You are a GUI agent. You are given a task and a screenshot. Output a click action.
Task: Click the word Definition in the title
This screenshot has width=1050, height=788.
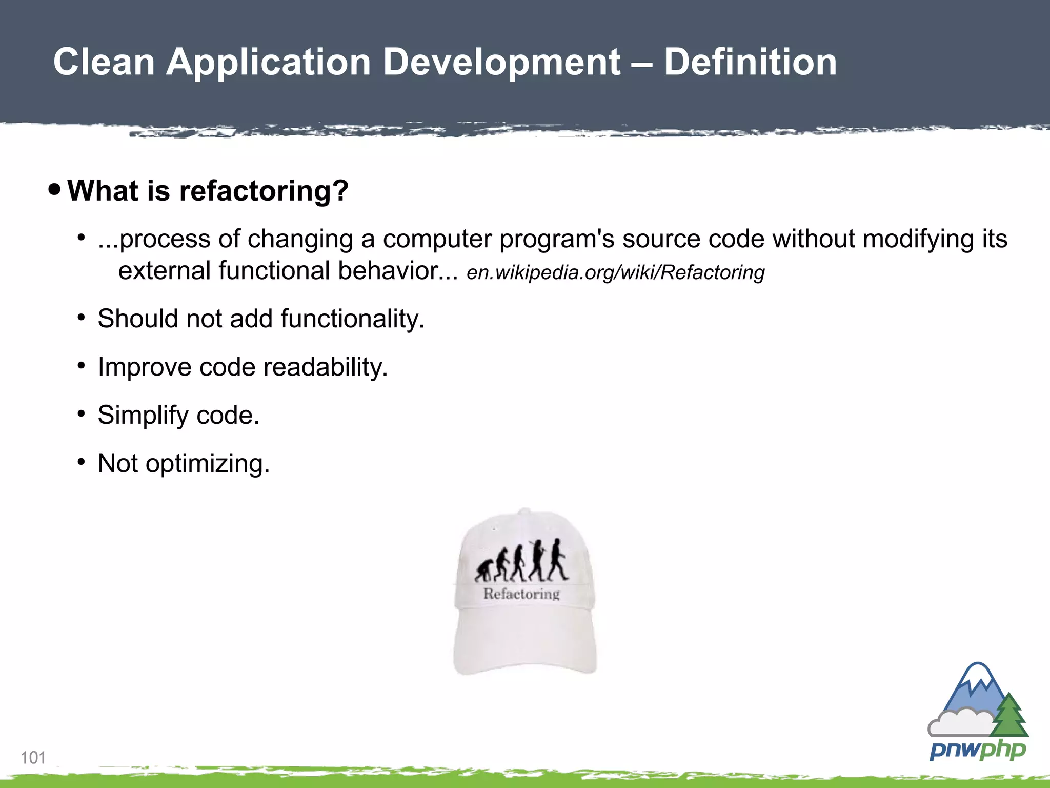[x=750, y=62]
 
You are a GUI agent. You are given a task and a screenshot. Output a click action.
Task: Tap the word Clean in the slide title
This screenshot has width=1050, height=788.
[x=104, y=62]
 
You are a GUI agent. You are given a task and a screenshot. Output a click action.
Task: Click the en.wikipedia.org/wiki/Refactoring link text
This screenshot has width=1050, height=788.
[x=615, y=272]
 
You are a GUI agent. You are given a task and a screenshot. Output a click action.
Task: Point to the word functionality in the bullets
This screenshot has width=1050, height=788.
[x=352, y=319]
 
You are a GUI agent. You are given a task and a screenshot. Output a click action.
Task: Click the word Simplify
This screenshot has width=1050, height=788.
[x=143, y=416]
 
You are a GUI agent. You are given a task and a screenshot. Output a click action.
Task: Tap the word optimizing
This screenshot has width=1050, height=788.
[x=207, y=464]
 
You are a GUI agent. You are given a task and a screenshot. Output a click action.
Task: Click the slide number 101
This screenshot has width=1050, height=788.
[x=33, y=758]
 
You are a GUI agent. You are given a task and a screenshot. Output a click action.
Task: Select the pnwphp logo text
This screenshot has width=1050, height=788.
[x=977, y=750]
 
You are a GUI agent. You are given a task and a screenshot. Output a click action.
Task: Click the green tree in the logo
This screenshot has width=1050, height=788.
[x=1009, y=716]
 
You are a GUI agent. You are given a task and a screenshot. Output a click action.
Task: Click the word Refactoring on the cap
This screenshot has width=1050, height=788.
[x=521, y=594]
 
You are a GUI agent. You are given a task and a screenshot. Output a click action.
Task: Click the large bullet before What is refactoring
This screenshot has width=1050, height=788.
[x=54, y=190]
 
